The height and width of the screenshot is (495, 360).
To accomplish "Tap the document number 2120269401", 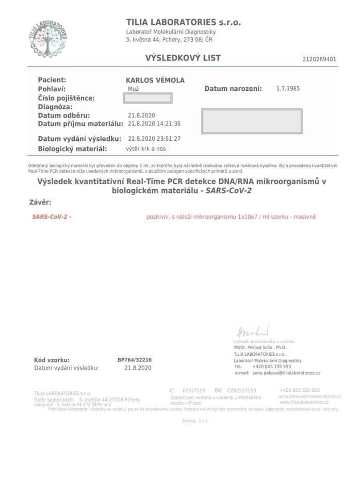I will [319, 59].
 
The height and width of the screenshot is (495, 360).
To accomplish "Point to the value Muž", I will [133, 89].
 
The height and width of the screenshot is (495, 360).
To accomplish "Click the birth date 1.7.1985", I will [288, 89].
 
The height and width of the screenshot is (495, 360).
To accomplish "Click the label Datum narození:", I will [233, 89].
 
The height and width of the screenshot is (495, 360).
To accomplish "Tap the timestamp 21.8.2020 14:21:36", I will [154, 124].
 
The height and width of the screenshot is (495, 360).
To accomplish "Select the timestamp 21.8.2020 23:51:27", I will [154, 139].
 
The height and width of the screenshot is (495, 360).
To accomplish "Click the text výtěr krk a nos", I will [146, 149].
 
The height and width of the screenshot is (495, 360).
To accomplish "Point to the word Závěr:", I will [41, 202].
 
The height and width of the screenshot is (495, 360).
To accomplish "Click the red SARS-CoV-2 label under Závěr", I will [52, 217].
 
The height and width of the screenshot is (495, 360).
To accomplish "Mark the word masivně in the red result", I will [305, 217].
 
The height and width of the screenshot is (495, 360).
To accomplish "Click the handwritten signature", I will [253, 331].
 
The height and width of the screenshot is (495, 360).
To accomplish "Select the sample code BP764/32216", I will [135, 360].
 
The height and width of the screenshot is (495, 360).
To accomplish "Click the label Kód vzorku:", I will [52, 360].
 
